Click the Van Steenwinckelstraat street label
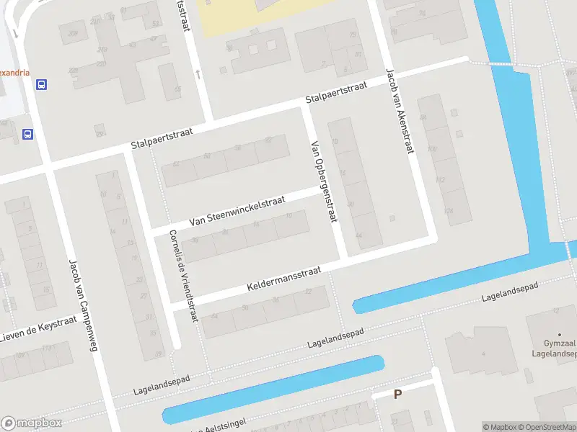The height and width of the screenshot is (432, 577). point(237,211)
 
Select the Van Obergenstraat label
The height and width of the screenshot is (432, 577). point(323,181)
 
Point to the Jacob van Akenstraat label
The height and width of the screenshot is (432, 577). point(401,112)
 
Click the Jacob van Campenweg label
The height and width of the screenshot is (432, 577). point(82,305)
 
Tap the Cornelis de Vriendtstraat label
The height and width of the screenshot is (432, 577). point(182,276)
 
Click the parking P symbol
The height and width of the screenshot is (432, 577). point(397,394)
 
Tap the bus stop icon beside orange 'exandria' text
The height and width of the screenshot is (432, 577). point(42,84)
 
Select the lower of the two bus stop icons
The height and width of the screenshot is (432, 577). point(27,134)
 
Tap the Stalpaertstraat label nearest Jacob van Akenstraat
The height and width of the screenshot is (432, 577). point(336,91)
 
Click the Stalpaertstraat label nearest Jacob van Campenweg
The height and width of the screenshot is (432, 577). point(162,138)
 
